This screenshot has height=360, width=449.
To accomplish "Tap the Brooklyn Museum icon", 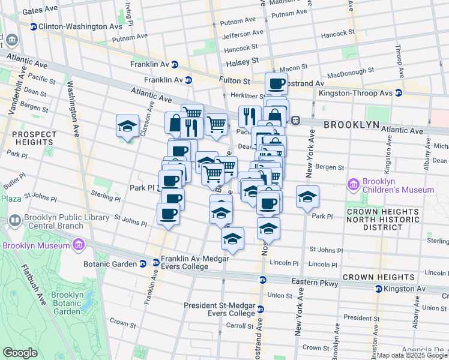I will click(x=79, y=245).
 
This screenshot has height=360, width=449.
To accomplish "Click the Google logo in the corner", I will click(x=20, y=353).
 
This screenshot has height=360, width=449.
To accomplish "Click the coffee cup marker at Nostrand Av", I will click(x=276, y=84).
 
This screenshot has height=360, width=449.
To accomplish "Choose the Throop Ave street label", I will click(x=398, y=58).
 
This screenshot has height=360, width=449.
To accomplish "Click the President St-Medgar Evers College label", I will click(x=220, y=309).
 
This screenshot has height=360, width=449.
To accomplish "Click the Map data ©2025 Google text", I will click(x=411, y=355).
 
